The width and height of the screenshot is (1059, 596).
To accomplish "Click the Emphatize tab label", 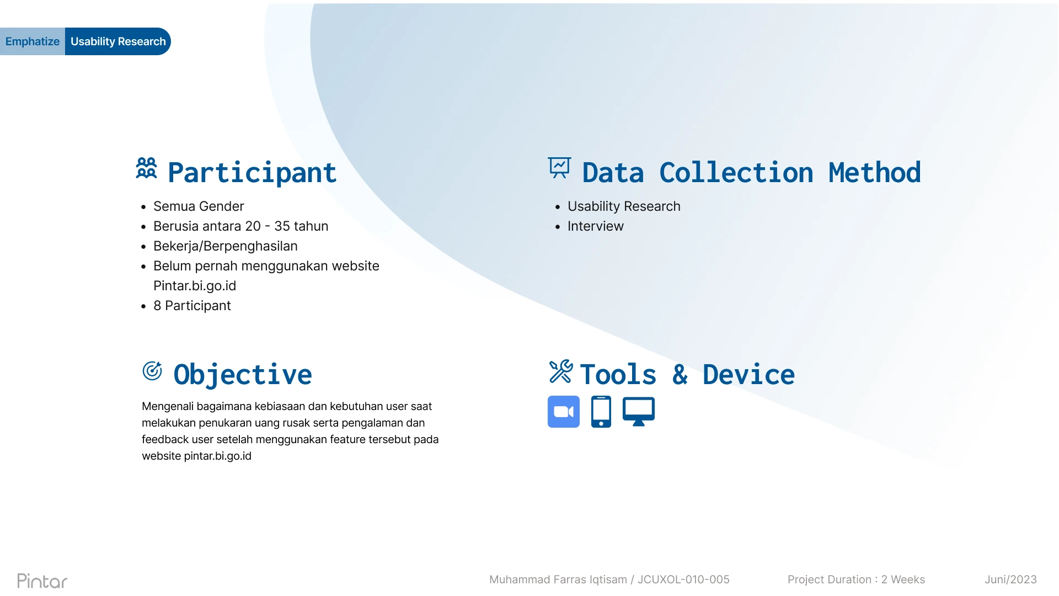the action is coord(33,41).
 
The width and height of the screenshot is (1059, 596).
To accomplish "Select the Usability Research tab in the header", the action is coord(118,41).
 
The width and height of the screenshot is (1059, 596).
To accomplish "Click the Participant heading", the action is coord(252,173).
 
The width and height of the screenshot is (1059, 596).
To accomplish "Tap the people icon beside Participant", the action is coord(147,168).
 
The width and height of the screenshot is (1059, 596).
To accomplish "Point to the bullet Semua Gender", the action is coord(199,206).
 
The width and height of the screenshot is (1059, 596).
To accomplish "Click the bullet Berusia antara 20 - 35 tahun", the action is coord(240,226).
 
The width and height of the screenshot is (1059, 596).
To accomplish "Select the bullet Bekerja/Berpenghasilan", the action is coord(226,246).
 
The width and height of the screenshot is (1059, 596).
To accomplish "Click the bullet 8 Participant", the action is coord(192,306).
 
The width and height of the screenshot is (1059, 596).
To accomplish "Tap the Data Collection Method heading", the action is coord(751,173).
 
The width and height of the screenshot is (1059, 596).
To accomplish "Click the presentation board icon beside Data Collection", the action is coord(559,168).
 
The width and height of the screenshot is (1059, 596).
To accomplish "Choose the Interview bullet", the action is coord(595,226).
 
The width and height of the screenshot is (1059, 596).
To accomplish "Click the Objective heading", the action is coord(243,375).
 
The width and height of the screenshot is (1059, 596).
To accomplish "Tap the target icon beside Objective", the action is coord(152,371).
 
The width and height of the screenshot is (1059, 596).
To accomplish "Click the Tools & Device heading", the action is coord(687,375).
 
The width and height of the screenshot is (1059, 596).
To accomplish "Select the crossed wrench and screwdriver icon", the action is coord(561,371).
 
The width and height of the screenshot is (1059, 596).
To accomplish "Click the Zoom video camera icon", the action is coord(564,412).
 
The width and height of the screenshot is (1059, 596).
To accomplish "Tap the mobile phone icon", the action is coord(601,412).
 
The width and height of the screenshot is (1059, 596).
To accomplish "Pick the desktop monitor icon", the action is coord(639,412).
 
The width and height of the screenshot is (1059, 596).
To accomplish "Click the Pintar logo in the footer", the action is coord(42,581).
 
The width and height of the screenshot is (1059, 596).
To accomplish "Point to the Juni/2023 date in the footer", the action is coord(1010,579).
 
